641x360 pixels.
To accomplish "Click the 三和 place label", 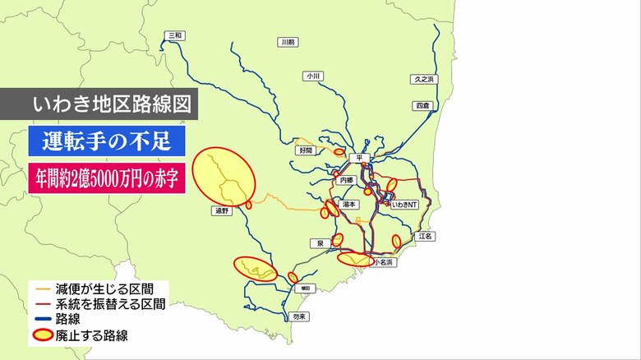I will (x=174, y=35).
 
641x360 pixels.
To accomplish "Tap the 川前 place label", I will (x=287, y=41).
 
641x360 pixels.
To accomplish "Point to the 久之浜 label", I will (x=424, y=80).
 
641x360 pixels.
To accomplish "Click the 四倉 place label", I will (x=422, y=106).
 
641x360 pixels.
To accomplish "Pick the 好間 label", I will (x=306, y=151).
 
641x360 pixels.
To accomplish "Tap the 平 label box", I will (x=358, y=157).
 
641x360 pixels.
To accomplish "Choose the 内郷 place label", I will (x=346, y=179).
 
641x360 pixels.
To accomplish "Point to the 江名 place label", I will (x=425, y=236).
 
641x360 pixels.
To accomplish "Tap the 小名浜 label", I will (x=384, y=262).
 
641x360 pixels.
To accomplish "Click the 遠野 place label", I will (x=221, y=211).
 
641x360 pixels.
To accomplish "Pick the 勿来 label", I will (x=299, y=316).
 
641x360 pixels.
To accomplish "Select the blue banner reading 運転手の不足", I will (x=102, y=141).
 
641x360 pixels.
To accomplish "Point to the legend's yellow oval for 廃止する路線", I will (x=43, y=335).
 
